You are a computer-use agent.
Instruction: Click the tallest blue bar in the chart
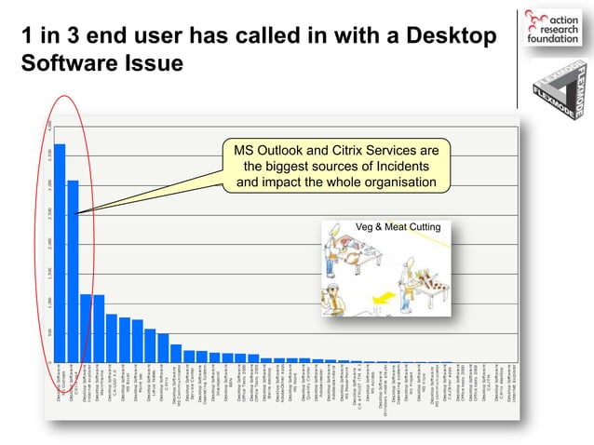tap(60, 251)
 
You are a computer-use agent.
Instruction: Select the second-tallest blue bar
tap(73, 270)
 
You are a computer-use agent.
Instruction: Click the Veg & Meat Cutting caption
tap(398, 227)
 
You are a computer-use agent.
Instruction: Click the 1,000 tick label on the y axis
tap(50, 302)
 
